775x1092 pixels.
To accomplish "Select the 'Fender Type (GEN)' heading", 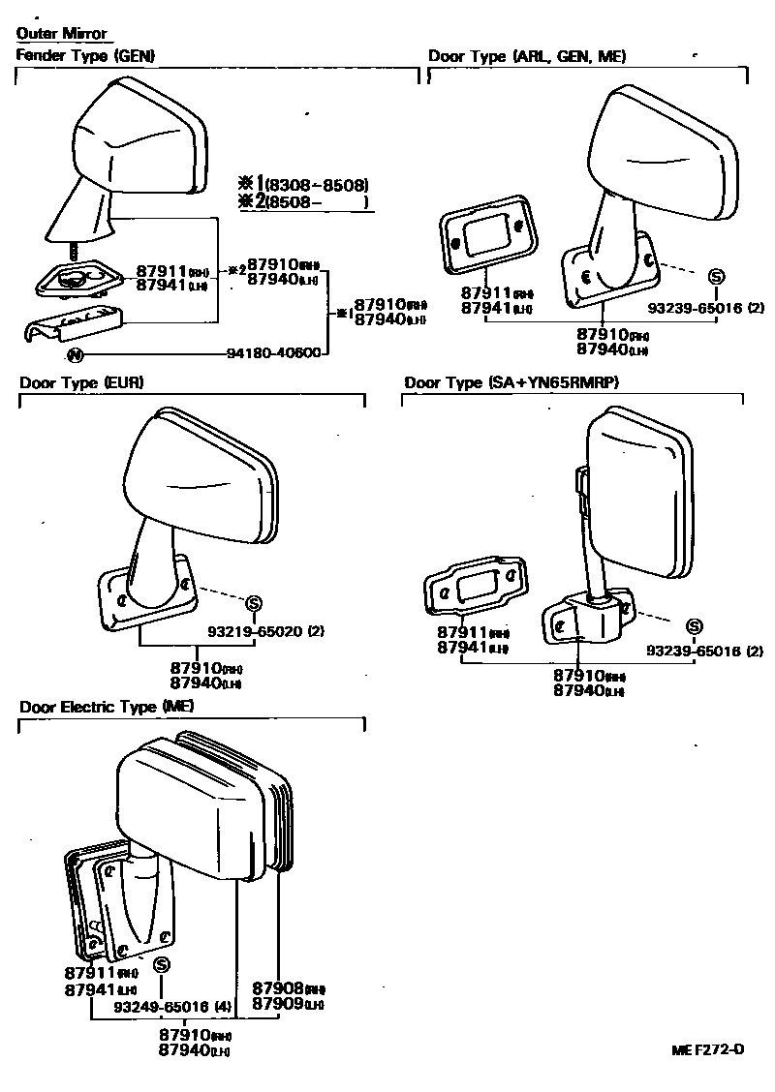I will pyautogui.click(x=85, y=56).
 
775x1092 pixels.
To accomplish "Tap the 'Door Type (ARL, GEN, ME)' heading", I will pyautogui.click(x=527, y=56).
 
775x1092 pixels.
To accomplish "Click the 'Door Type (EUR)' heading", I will pyautogui.click(x=81, y=382).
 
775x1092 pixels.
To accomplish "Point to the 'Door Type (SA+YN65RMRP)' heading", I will pyautogui.click(x=511, y=382).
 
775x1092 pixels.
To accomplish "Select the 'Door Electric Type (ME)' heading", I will pyautogui.click(x=107, y=707).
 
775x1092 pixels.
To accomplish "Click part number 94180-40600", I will pyautogui.click(x=275, y=353).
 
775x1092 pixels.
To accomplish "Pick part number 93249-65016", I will pyautogui.click(x=161, y=1008).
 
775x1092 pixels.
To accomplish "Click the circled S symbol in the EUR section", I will pyautogui.click(x=254, y=604).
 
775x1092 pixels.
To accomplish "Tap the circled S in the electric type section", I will pyautogui.click(x=162, y=964).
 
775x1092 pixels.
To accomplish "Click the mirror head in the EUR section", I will pyautogui.click(x=203, y=474).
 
